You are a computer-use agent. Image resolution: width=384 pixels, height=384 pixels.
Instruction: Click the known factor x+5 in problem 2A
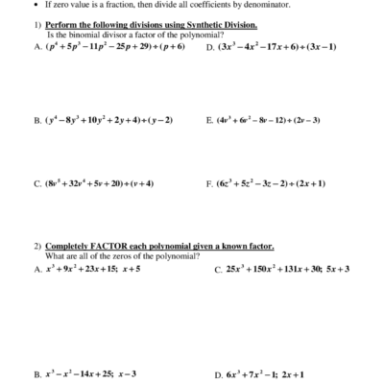tap(131, 269)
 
